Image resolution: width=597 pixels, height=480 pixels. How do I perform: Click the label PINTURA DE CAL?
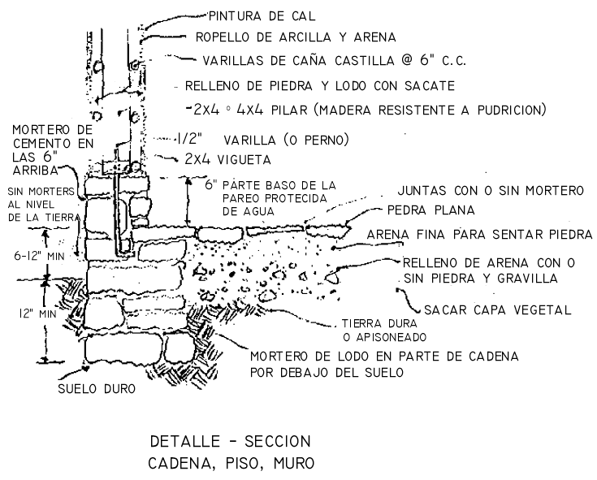click(257, 15)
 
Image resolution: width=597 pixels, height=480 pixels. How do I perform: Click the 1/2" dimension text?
click(193, 139)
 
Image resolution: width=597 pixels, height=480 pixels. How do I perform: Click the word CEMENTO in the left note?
click(36, 145)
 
